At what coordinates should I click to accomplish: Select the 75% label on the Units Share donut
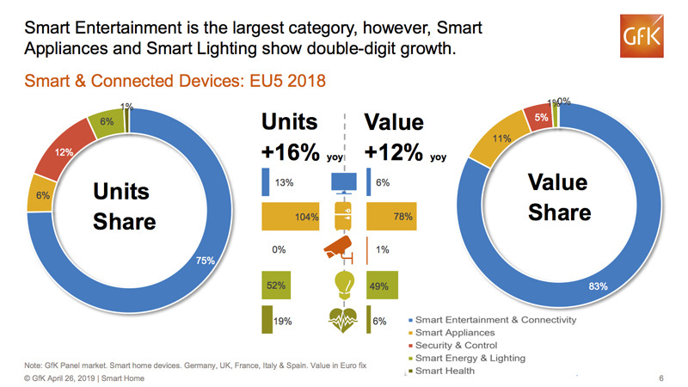tap(206, 261)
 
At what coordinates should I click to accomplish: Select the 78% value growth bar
tap(391, 217)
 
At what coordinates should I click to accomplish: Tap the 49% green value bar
tap(383, 285)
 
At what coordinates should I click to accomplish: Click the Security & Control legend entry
tap(459, 345)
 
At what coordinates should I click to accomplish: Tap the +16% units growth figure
tap(292, 152)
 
